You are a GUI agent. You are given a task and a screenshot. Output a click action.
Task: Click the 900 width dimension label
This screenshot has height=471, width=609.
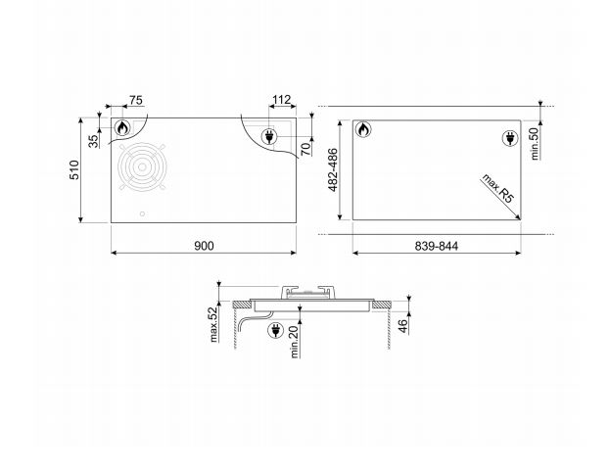tap(203, 245)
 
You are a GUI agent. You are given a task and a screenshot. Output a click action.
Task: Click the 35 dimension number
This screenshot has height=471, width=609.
tap(94, 141)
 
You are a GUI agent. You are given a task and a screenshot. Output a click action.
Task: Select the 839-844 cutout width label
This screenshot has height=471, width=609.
tap(435, 245)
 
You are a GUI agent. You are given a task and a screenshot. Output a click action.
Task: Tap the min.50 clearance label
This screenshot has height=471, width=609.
tap(536, 144)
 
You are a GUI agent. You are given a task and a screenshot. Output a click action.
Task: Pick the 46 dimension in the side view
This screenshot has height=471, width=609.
tap(400, 325)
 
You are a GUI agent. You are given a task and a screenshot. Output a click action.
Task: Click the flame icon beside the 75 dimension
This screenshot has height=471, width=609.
tap(123, 130)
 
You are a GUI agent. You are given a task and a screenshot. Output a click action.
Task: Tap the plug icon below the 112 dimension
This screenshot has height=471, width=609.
tap(268, 139)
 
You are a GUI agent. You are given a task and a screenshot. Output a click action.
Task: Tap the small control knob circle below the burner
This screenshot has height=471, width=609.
tap(144, 214)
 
